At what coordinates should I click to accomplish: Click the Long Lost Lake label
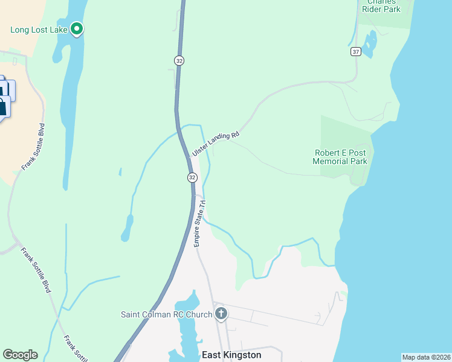[39, 30]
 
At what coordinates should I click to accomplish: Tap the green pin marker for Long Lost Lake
[77, 28]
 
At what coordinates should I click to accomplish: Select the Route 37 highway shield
[355, 52]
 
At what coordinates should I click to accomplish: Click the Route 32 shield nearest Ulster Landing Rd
[192, 177]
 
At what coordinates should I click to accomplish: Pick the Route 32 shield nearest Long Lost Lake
[179, 60]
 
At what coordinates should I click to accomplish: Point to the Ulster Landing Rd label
[216, 144]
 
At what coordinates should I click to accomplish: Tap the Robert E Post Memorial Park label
[340, 157]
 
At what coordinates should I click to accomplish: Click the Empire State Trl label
[200, 223]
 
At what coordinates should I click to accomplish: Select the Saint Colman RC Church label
[166, 314]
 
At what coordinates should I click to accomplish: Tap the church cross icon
[221, 314]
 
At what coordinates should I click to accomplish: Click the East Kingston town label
[231, 355]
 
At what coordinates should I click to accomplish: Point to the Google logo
[20, 355]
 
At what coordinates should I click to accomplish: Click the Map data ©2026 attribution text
[426, 357]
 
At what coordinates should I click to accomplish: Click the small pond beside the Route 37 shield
[369, 42]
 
